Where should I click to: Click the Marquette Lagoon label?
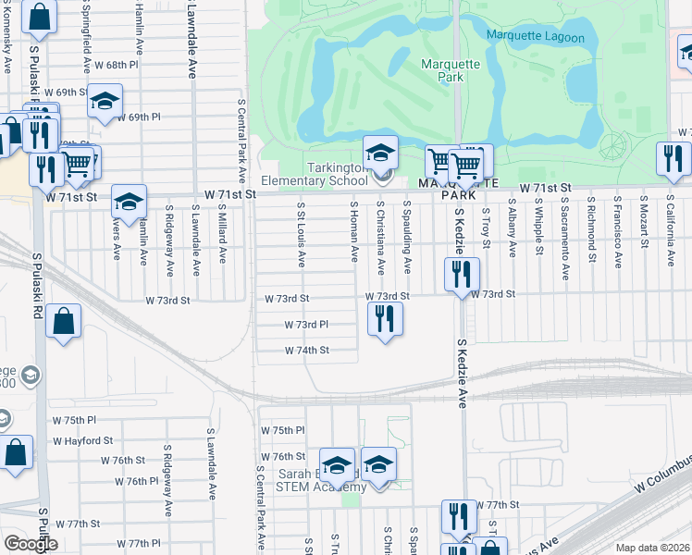(x=536, y=37)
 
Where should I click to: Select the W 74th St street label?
(x=307, y=351)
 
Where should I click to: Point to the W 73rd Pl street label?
(x=306, y=325)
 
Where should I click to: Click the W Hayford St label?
(x=82, y=441)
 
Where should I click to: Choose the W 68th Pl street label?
(x=115, y=66)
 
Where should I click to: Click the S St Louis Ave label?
(x=302, y=235)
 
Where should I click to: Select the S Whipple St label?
(x=538, y=225)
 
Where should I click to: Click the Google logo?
(x=31, y=544)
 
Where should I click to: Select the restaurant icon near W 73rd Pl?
(x=385, y=319)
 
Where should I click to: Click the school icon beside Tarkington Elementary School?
(x=379, y=152)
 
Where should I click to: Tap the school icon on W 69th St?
(x=105, y=100)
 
